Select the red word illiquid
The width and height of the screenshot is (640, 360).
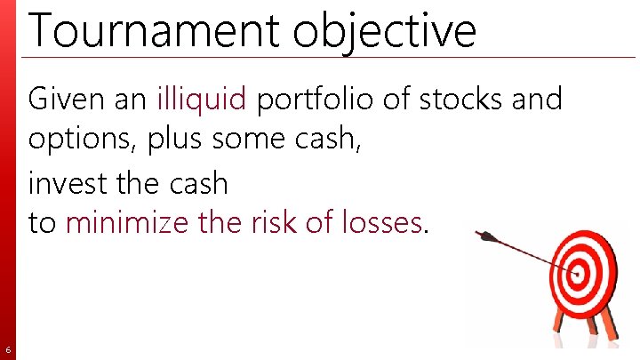[x=202, y=99]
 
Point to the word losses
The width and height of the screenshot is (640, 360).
[x=374, y=222]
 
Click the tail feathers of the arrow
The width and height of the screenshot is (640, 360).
[x=485, y=236]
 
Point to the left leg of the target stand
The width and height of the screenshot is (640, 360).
[x=559, y=325]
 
